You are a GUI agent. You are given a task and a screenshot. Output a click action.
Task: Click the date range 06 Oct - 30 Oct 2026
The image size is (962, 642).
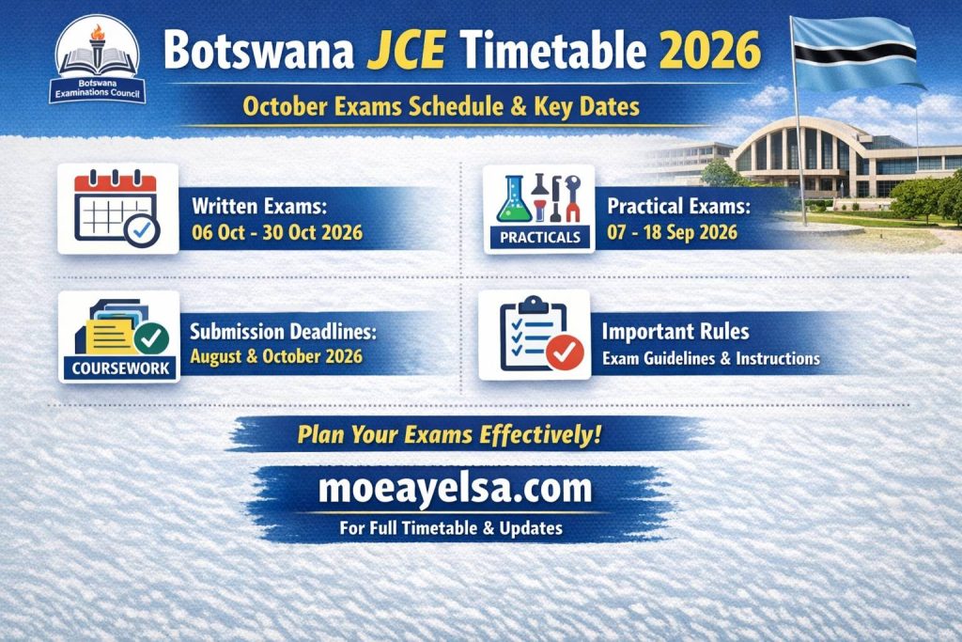(276, 232)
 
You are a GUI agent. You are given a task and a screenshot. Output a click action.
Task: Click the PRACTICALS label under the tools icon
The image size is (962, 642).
(539, 238)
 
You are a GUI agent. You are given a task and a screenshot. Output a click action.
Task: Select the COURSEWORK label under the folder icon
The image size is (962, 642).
(119, 368)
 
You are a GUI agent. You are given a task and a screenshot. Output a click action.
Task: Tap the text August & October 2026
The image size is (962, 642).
(275, 357)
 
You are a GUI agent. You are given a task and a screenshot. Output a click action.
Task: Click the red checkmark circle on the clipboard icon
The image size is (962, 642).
(565, 352)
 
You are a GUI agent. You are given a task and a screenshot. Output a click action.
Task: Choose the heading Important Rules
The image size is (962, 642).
(675, 332)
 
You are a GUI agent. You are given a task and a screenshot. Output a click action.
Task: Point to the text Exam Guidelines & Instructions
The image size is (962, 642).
(710, 358)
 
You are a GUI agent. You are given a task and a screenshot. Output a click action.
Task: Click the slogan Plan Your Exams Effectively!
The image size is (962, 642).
(449, 435)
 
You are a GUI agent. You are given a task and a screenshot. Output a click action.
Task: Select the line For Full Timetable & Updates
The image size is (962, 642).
(451, 527)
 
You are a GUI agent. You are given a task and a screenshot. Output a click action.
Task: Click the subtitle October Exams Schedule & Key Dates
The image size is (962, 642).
(441, 106)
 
